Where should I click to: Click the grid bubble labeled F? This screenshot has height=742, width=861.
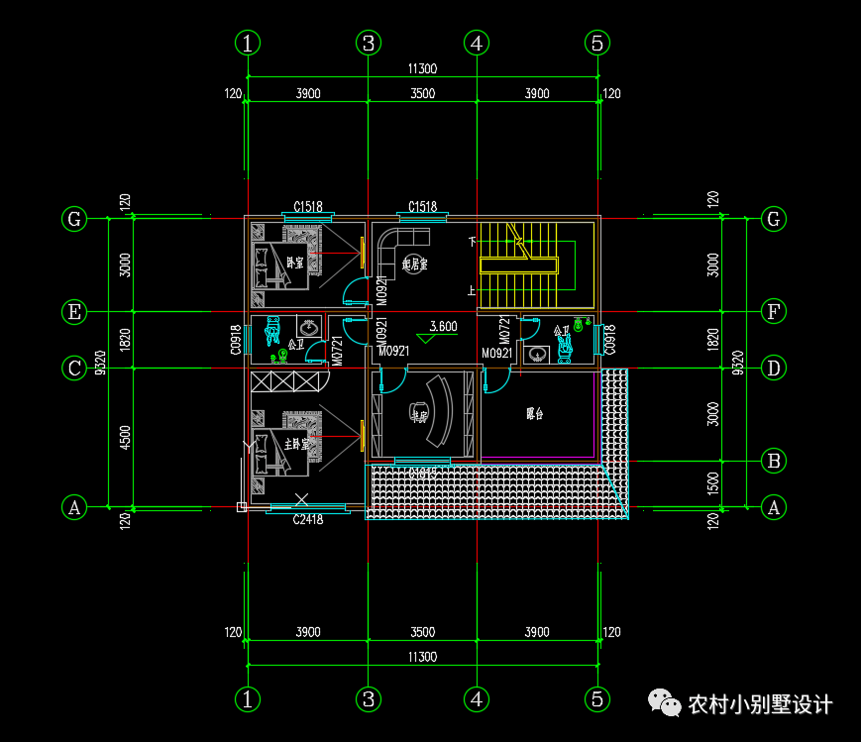[x=774, y=312]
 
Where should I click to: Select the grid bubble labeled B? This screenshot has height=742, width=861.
[x=774, y=461]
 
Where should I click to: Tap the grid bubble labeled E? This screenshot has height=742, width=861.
[x=73, y=312]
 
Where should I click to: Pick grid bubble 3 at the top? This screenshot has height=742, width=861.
[x=368, y=43]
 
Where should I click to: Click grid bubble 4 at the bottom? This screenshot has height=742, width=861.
[x=477, y=698]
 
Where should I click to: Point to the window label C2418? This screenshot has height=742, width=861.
[x=308, y=519]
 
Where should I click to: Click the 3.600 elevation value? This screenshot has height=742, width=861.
[x=442, y=327]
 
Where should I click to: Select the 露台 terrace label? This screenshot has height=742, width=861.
[x=535, y=415]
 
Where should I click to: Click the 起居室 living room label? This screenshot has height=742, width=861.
[x=414, y=265]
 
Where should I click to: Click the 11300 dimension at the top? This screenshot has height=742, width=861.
[x=422, y=69]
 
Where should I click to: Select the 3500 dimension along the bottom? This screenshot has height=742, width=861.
[x=422, y=632]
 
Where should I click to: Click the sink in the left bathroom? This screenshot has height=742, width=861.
[x=309, y=325]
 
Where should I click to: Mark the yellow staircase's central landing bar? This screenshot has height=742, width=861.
[x=519, y=265]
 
